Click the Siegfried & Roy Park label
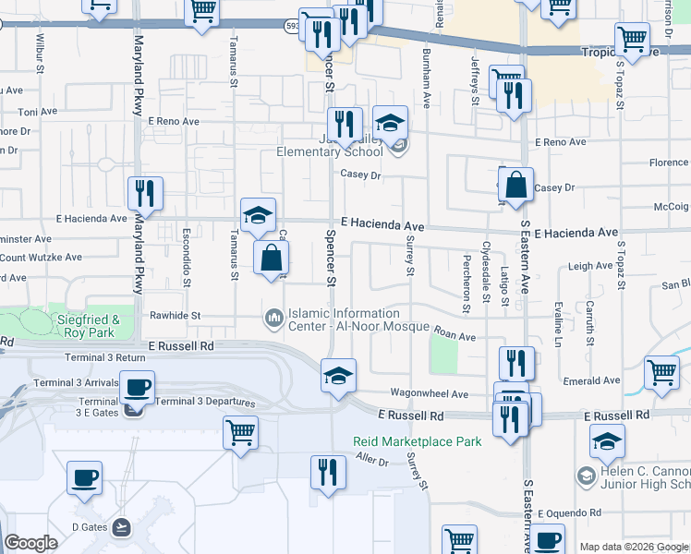pos(91,326)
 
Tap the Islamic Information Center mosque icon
pos(273,319)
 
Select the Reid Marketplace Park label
pos(418,441)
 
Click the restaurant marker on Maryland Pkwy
pos(145,194)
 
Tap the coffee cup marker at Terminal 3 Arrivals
pos(138,388)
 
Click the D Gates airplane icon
pos(120,527)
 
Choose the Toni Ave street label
pos(38,112)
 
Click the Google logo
pos(31,543)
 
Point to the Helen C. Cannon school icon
pos(585,476)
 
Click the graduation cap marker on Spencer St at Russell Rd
pos(338,377)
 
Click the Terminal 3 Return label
pos(106,356)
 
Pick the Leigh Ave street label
pos(590,266)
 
